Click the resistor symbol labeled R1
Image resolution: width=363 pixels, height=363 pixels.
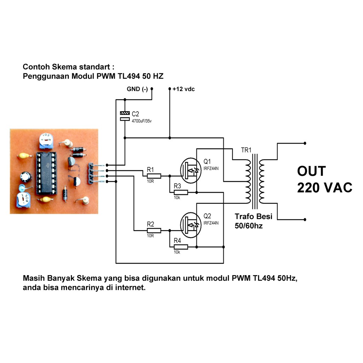153,176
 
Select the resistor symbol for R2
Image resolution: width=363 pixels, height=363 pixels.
153,230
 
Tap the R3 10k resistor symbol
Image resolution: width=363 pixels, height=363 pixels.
180,192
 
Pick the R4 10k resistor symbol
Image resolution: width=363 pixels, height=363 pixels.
180,246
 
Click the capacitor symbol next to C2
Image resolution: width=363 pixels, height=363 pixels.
125,116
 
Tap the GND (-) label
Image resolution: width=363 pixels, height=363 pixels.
137,89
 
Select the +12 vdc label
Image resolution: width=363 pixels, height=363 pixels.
184,89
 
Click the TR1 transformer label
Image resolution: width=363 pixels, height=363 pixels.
246,150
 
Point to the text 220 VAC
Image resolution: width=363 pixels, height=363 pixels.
324,188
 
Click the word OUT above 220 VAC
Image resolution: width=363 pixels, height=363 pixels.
311,171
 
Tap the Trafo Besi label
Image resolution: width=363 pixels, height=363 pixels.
253,217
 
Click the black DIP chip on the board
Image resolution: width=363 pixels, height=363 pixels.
46,174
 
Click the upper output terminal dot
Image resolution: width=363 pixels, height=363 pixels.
305,143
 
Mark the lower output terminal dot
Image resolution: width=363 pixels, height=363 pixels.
305,219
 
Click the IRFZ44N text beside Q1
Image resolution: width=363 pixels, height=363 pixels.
211,168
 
